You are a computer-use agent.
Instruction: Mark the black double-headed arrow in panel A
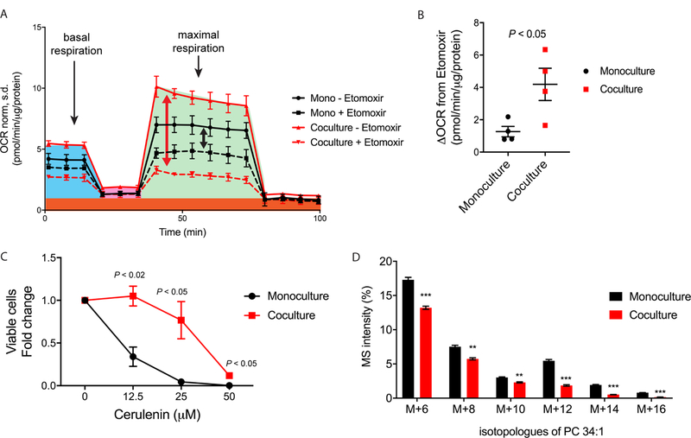pyautogui.click(x=204, y=136)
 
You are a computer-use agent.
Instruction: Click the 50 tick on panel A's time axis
pyautogui.click(x=181, y=220)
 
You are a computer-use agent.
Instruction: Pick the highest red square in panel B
pyautogui.click(x=545, y=50)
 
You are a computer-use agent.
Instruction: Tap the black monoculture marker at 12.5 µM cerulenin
pyautogui.click(x=132, y=356)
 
